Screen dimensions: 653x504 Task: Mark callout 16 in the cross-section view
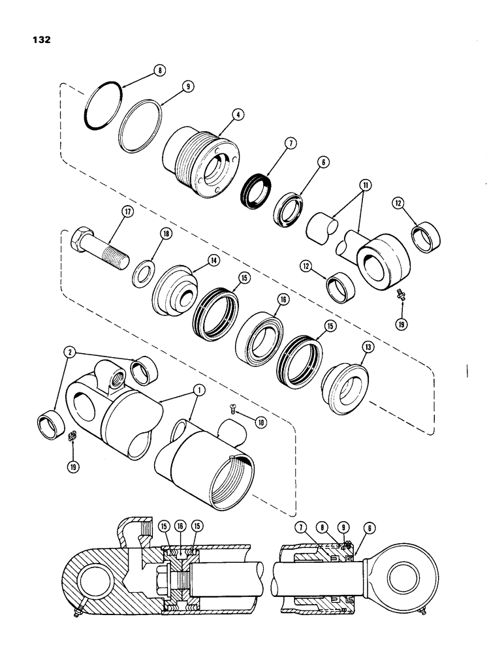click(x=180, y=524)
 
